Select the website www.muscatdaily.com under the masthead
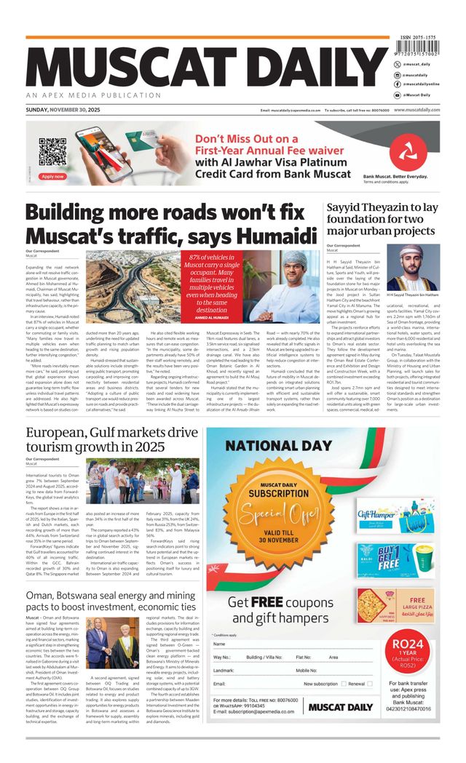point(417,110)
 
